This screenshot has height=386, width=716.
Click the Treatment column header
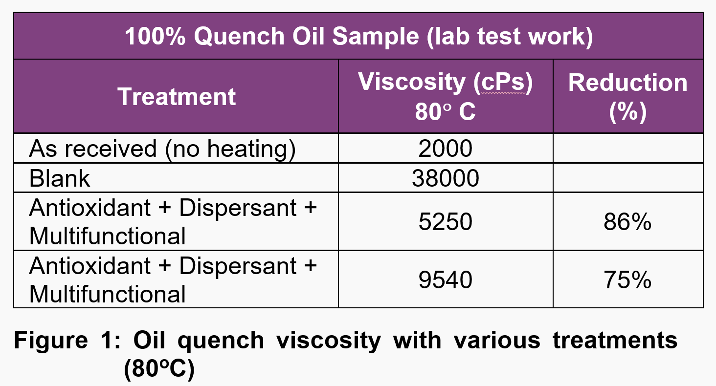point(177,97)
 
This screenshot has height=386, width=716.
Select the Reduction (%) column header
point(627,97)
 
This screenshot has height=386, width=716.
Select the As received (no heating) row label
point(162,149)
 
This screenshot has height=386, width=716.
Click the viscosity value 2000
point(445,149)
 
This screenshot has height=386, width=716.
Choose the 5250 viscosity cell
point(445,222)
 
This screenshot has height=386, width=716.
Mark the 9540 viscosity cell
point(445,280)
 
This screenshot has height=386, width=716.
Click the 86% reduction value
point(627,222)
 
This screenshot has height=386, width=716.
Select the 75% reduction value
point(627,280)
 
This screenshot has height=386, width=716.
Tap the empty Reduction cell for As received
point(627,149)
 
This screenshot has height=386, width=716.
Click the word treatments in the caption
point(615,341)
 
